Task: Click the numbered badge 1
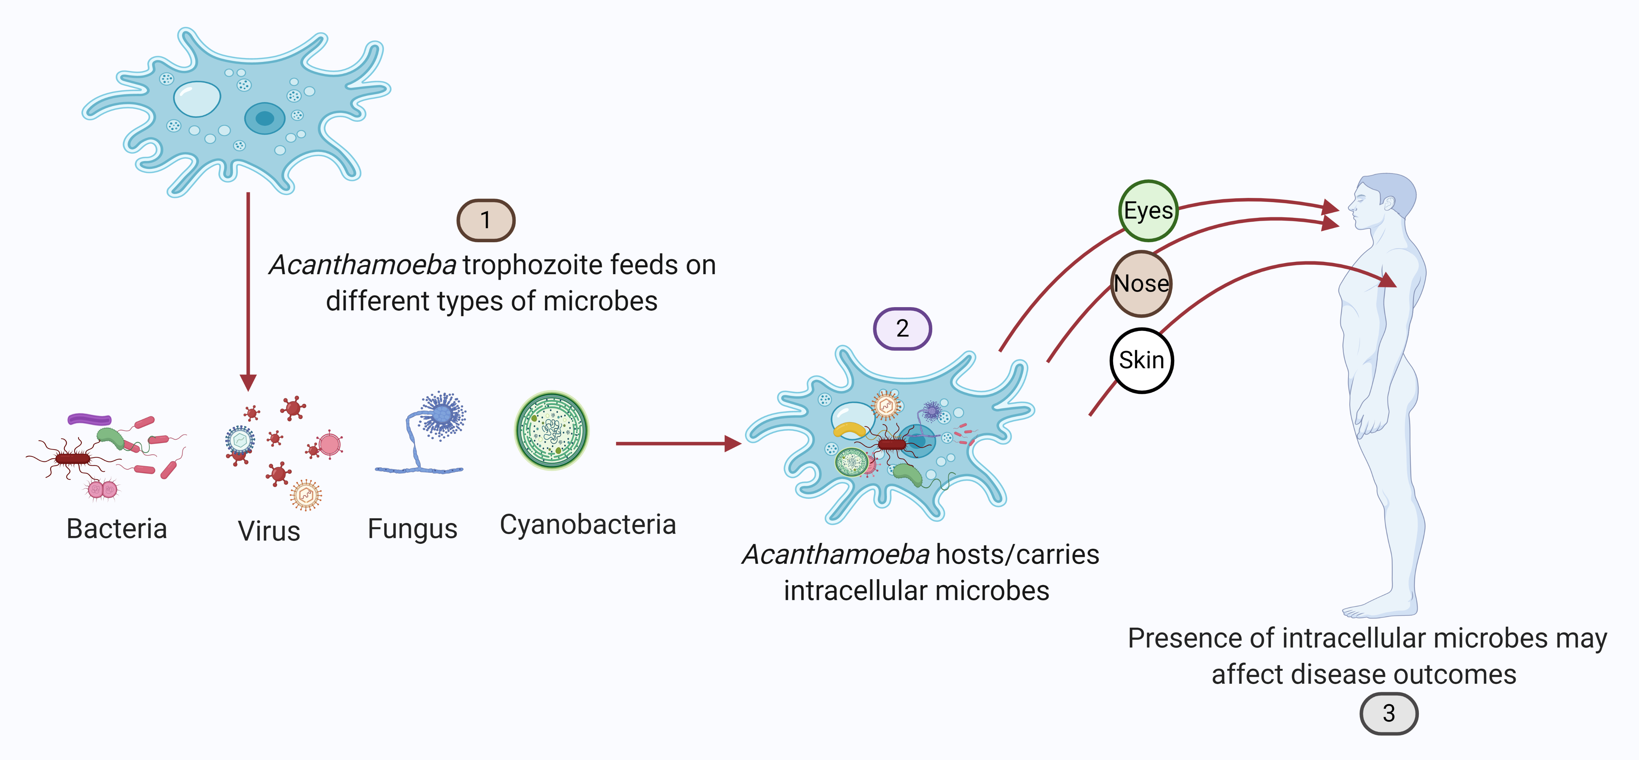(485, 220)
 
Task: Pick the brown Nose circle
(1142, 284)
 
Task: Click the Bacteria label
(116, 529)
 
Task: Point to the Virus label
(268, 530)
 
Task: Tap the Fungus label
(412, 529)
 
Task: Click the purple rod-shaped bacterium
(90, 419)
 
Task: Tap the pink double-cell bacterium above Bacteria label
(102, 489)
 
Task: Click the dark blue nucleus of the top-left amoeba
(265, 118)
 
